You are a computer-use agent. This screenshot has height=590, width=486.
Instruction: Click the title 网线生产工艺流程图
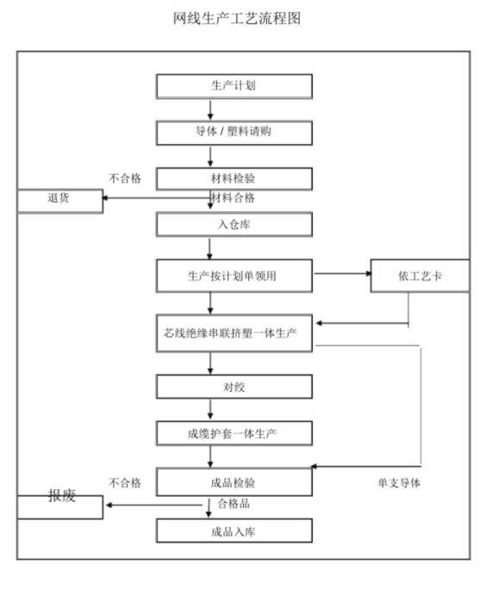pos(237,18)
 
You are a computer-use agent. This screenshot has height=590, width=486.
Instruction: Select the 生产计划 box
pos(234,86)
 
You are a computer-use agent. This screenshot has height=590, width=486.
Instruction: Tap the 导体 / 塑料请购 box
pos(234,133)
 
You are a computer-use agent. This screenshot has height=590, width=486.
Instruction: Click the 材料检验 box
pos(234,179)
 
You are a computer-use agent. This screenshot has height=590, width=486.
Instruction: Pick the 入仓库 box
pos(234,224)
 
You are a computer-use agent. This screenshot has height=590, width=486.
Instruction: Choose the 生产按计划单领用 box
pos(234,276)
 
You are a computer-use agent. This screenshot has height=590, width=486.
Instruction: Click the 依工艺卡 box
pos(420,276)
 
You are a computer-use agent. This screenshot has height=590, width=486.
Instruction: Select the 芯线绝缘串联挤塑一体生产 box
pos(234,333)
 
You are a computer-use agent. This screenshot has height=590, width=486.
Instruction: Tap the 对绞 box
pos(234,386)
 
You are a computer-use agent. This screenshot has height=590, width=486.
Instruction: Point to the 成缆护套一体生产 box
pos(234,434)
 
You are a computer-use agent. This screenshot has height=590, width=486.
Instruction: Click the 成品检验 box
pos(234,482)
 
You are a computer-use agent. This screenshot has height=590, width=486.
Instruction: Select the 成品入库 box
pos(234,530)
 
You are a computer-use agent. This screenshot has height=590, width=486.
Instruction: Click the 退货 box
pos(60,201)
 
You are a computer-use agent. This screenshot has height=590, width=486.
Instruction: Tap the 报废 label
pos(62,495)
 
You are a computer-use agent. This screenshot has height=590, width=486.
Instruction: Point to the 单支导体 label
pos(399,483)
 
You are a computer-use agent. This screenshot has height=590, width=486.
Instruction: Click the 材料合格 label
pos(233,198)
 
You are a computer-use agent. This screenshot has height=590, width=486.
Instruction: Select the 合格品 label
pos(234,504)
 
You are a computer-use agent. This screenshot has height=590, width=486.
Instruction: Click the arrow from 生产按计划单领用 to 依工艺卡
pos(342,273)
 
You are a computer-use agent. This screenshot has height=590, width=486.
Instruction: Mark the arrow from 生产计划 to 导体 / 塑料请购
pos(210,110)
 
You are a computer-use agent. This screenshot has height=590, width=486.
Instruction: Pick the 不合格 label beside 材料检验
pos(125,178)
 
